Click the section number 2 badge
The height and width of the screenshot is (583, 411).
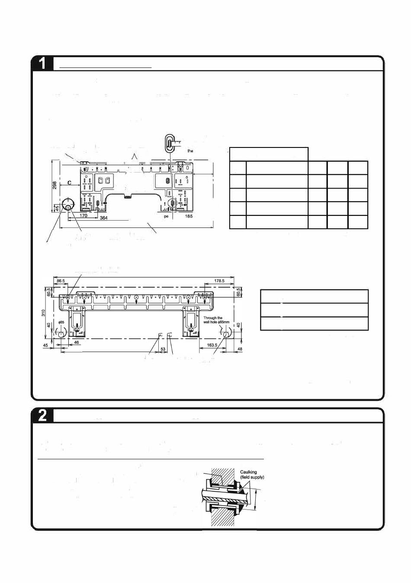click(x=42, y=415)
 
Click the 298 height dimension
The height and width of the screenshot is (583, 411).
click(x=55, y=185)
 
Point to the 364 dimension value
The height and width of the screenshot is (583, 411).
click(x=104, y=218)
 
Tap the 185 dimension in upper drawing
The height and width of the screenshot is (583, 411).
click(x=189, y=216)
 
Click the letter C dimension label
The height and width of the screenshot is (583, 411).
click(x=69, y=183)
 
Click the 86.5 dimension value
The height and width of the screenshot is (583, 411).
click(x=60, y=281)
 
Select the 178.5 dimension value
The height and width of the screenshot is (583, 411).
click(x=219, y=281)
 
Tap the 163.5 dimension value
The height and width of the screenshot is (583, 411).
click(x=212, y=345)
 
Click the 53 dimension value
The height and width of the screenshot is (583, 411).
click(x=163, y=349)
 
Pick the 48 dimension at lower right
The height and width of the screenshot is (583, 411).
click(x=240, y=349)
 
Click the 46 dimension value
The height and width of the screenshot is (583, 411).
click(x=76, y=342)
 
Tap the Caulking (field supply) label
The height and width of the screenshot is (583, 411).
click(x=251, y=474)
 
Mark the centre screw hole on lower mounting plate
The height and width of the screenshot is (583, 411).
click(x=136, y=297)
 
